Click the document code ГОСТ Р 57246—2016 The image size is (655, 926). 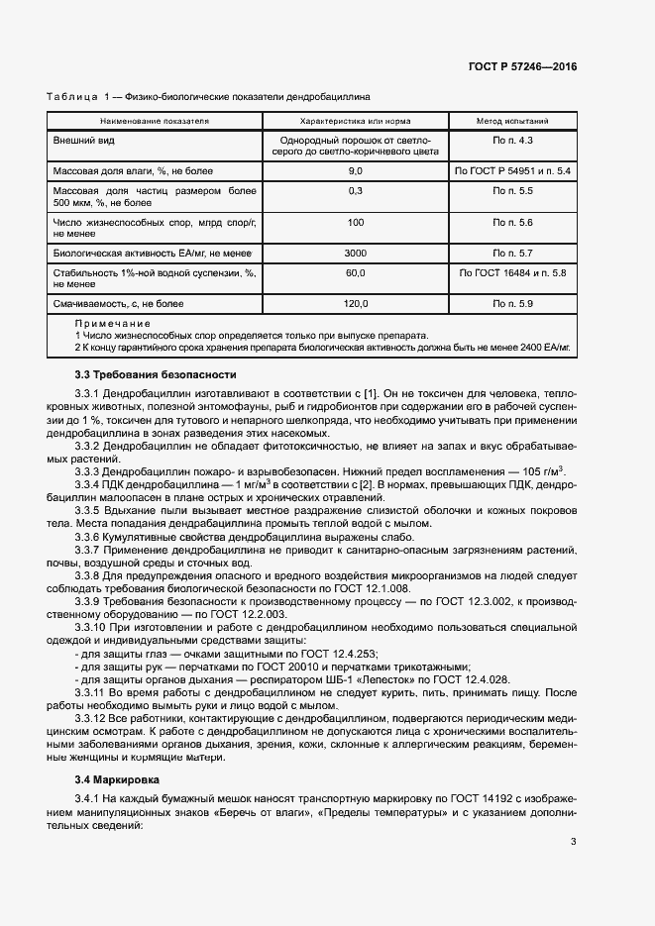pos(522,66)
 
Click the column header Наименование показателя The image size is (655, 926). pos(155,122)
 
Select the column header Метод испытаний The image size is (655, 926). pos(512,122)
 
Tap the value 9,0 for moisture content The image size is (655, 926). pos(355,171)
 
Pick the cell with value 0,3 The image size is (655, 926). pos(355,189)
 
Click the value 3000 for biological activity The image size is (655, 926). pos(355,254)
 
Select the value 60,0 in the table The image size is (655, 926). pos(355,272)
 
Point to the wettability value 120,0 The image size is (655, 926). pos(355,303)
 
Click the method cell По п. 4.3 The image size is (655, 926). pos(512,142)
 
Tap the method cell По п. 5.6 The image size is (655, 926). pos(512,223)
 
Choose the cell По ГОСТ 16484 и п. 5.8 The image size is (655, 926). pos(512,272)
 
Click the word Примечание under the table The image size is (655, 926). pos(112,324)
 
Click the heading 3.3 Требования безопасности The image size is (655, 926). pos(156,375)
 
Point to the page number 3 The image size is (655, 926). pos(573,843)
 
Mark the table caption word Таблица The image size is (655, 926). pos(70,98)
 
